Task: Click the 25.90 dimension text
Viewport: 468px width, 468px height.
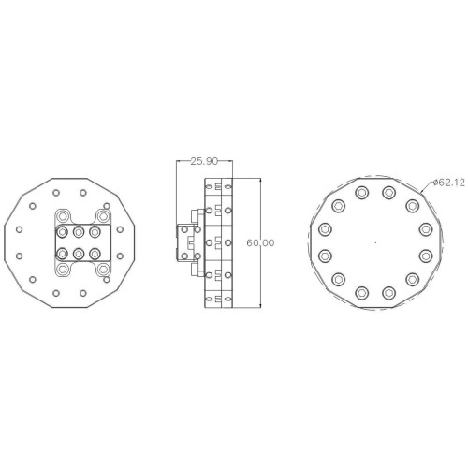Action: (204, 161)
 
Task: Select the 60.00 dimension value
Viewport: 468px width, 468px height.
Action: (260, 242)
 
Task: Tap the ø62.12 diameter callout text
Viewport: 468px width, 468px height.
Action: (449, 183)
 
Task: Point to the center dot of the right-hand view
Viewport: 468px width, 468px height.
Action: (375, 242)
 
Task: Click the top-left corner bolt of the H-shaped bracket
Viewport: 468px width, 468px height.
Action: (63, 216)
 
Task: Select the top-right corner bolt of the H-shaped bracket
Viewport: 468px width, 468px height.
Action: (103, 216)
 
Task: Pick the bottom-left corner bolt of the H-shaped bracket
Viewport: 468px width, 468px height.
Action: (63, 269)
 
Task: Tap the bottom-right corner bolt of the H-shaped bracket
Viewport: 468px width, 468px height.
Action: (103, 269)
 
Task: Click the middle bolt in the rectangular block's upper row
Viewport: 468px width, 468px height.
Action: (79, 232)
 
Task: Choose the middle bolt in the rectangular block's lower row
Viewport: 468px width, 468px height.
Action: (79, 254)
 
